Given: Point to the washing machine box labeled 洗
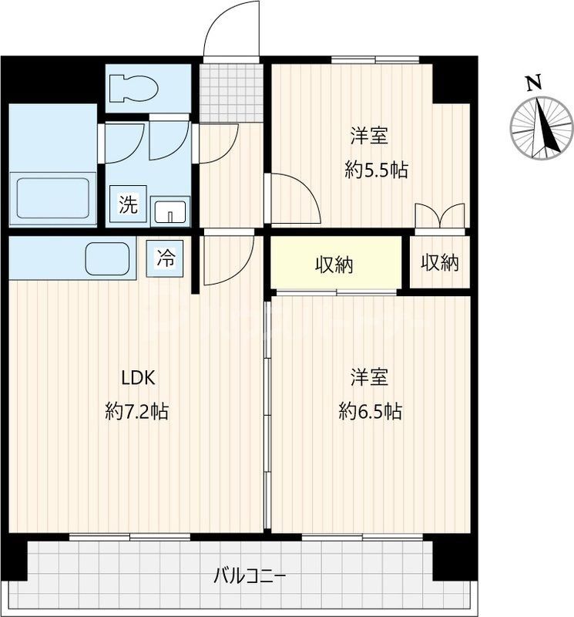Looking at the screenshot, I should click(128, 205).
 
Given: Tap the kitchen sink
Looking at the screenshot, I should click(109, 258).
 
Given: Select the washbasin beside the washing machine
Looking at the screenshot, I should click(170, 211).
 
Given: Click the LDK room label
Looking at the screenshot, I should click(139, 378).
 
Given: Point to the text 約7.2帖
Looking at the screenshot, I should click(136, 411).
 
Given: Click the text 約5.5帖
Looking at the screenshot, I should click(376, 171).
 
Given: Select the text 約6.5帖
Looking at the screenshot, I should click(370, 411).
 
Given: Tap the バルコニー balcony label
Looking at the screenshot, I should click(250, 575).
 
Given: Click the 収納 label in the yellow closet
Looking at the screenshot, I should click(334, 265).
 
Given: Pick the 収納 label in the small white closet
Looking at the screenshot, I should click(439, 263).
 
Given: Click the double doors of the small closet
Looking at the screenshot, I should click(439, 217).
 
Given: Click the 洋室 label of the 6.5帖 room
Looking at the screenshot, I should click(370, 378).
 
